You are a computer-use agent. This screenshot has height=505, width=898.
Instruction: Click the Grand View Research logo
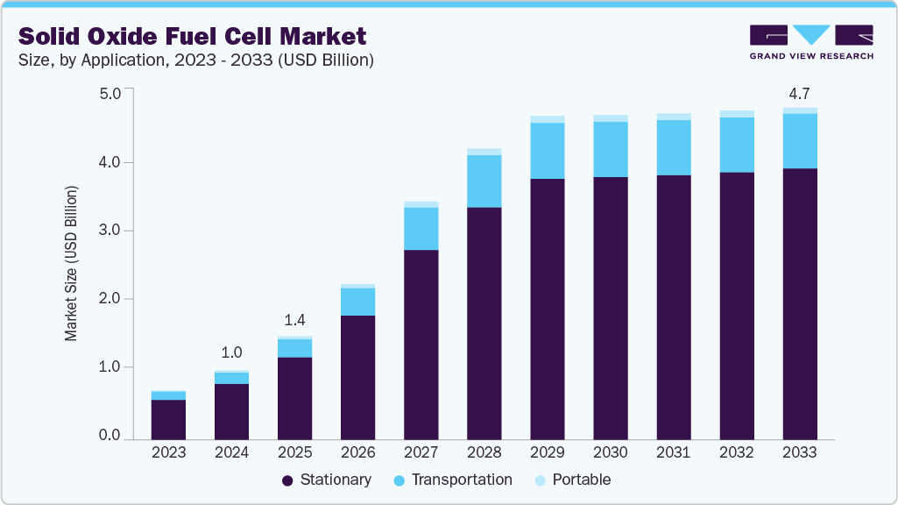810,41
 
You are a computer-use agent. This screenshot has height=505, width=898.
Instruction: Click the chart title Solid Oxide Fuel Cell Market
192,36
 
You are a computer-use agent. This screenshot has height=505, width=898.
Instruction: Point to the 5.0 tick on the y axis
110,94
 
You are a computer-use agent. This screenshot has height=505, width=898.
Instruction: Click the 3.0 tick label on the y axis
110,231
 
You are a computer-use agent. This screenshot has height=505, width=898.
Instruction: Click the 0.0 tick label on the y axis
110,436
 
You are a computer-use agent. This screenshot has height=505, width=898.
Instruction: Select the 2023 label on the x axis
168,452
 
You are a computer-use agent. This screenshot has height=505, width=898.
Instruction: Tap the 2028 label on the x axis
484,452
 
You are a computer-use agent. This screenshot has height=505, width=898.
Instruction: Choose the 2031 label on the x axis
674,452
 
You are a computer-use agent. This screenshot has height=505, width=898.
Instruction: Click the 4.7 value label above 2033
800,92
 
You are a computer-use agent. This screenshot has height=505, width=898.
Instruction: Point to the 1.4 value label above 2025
294,321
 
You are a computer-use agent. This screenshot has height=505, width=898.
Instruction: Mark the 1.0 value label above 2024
231,352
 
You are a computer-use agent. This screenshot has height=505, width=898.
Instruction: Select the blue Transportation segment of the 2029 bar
548,151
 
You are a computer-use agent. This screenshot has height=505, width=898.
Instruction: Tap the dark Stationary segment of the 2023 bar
168,419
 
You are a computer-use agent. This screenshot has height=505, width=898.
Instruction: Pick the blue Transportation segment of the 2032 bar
737,145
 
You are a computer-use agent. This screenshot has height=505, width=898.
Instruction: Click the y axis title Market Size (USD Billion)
72,263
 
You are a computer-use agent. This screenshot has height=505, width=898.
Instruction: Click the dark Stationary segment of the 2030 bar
611,308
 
